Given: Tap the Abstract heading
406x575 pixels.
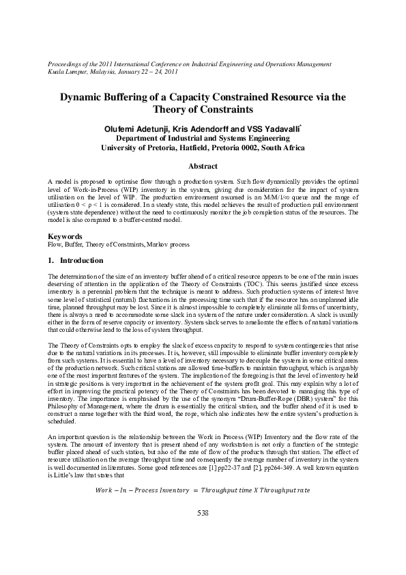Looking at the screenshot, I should tap(203, 167).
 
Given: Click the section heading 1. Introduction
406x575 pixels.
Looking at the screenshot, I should tap(76, 260).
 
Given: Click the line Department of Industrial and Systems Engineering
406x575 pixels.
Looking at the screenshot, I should tap(203, 138).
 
